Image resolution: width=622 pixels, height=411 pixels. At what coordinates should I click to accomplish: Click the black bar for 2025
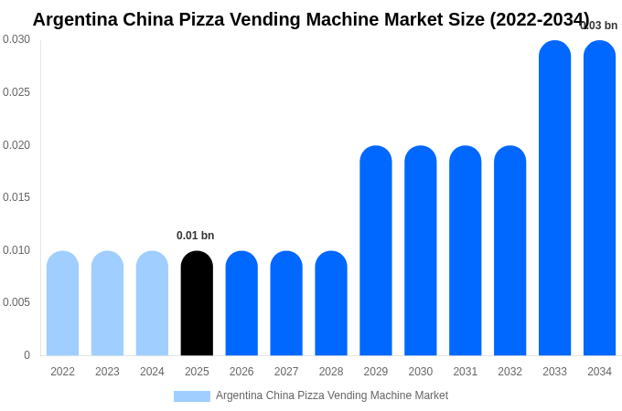(x=197, y=303)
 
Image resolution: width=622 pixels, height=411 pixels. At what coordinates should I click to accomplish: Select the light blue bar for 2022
(x=62, y=303)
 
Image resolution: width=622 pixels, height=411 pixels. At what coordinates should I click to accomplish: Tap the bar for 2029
(x=375, y=251)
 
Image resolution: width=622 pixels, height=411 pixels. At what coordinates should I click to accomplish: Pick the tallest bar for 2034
(x=599, y=198)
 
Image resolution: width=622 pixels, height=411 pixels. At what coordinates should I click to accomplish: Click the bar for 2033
(x=554, y=198)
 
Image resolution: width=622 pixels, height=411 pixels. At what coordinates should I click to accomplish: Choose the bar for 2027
(x=286, y=303)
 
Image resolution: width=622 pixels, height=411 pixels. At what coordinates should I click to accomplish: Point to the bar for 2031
(x=465, y=251)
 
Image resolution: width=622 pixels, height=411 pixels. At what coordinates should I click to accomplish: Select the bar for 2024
(x=152, y=303)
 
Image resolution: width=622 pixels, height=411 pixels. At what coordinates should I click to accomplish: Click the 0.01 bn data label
(x=195, y=236)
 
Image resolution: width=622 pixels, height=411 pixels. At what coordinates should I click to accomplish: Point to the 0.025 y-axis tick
(x=16, y=92)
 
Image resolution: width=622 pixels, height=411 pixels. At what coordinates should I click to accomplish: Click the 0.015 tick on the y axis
(x=16, y=197)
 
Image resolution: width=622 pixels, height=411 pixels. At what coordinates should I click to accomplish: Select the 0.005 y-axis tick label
(x=16, y=302)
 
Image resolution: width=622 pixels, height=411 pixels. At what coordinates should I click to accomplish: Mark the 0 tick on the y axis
(x=27, y=355)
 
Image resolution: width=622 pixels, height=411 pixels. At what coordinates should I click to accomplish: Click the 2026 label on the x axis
(x=241, y=372)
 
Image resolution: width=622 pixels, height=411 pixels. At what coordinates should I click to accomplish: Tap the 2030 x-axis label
(x=420, y=372)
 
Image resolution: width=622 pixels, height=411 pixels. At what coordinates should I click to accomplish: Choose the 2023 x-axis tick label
(x=107, y=372)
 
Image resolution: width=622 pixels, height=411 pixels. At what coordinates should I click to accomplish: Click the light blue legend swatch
(x=192, y=396)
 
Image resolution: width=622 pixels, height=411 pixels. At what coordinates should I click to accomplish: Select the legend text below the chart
(x=332, y=395)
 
